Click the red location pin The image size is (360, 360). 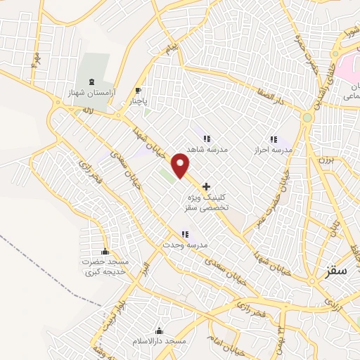tap(181, 165)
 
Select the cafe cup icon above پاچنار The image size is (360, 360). tap(138, 90)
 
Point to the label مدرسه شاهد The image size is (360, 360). tap(205, 150)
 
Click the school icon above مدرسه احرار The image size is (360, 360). tap(274, 139)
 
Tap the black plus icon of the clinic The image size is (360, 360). tap(206, 187)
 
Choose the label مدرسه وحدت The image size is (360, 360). tap(184, 245)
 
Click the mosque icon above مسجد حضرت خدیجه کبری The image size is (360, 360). tap(106, 252)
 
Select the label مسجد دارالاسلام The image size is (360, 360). tap(159, 341)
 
